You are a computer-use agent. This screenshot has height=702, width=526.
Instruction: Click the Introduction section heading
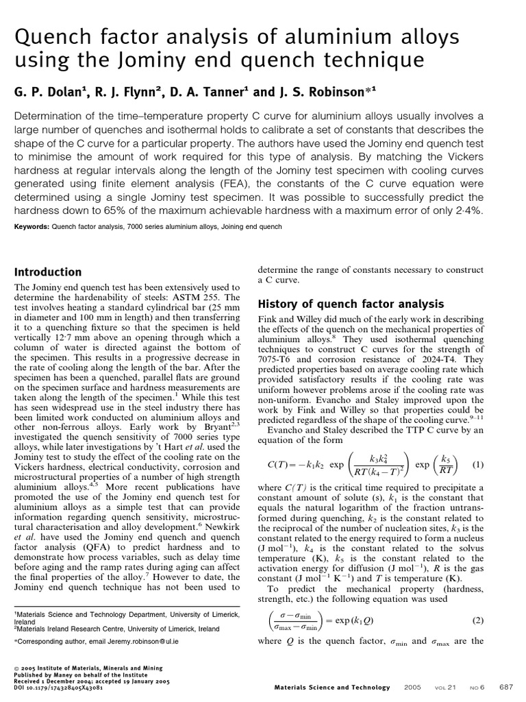pos(48,272)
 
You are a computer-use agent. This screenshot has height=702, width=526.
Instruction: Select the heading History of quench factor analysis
pos(351,304)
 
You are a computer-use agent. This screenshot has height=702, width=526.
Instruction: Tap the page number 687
pos(506,687)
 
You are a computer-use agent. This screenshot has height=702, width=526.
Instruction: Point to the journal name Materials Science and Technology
pos(331,687)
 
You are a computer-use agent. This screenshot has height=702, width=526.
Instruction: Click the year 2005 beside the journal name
pos(413,687)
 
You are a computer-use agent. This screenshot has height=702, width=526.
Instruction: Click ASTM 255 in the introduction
pos(206,298)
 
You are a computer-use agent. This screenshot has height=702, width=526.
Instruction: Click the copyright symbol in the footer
pos(16,666)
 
